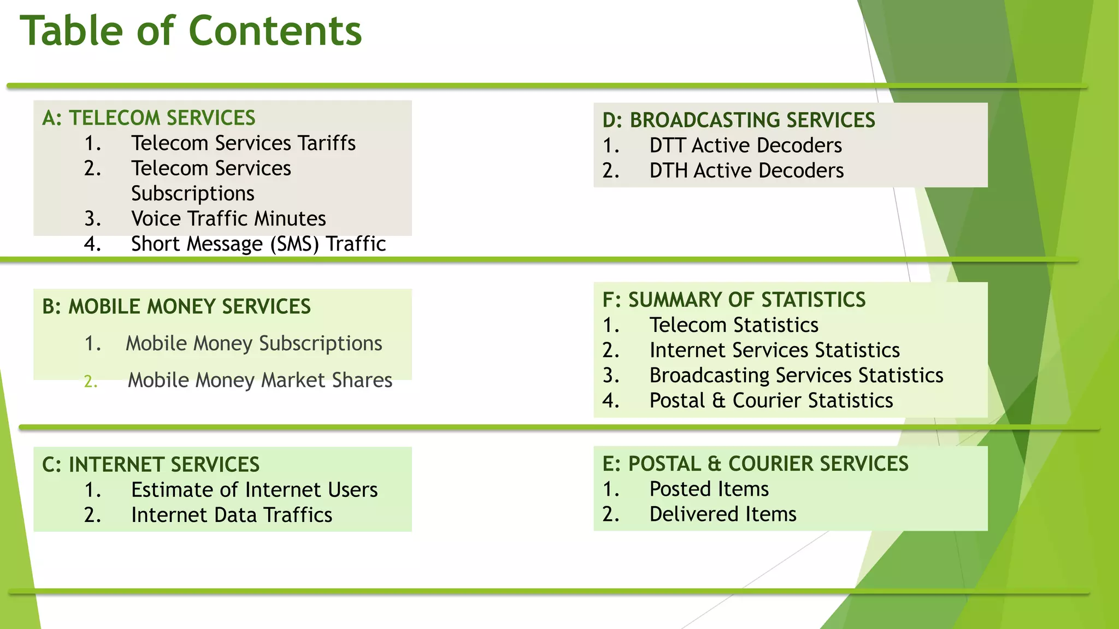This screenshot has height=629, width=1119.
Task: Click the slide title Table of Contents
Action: pyautogui.click(x=191, y=31)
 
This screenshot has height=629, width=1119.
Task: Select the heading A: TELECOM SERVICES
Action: pyautogui.click(x=149, y=118)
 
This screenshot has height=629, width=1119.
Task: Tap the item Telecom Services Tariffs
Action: pyautogui.click(x=243, y=143)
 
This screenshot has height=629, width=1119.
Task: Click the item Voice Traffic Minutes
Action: pyautogui.click(x=228, y=218)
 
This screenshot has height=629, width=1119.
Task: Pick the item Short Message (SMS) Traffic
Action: pyautogui.click(x=258, y=244)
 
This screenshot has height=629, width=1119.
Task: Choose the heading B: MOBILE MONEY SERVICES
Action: pyautogui.click(x=176, y=307)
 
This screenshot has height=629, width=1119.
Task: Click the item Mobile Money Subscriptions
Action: pyautogui.click(x=254, y=343)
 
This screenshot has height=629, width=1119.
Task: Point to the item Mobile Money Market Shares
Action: pyautogui.click(x=260, y=380)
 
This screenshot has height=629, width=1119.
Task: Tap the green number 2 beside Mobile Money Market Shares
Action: pyautogui.click(x=91, y=381)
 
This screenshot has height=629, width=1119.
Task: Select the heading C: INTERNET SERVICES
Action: pyautogui.click(x=151, y=465)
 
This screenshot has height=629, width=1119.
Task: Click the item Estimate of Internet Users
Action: pyautogui.click(x=254, y=490)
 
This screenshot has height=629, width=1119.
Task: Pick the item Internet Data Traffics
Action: pyautogui.click(x=232, y=515)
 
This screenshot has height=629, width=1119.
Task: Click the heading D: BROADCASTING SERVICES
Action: pyautogui.click(x=739, y=120)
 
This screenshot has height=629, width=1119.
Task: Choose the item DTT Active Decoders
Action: pyautogui.click(x=745, y=145)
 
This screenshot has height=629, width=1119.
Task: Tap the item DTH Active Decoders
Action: pyautogui.click(x=746, y=170)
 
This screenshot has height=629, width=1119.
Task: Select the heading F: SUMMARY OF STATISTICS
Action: pyautogui.click(x=734, y=300)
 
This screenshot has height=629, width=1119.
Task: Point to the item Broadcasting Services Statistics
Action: pyautogui.click(x=796, y=375)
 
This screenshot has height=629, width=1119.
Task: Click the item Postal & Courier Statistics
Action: pyautogui.click(x=771, y=400)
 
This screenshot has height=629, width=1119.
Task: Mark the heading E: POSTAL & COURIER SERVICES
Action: pyautogui.click(x=755, y=464)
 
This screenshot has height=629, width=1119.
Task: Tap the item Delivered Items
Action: pyautogui.click(x=722, y=514)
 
